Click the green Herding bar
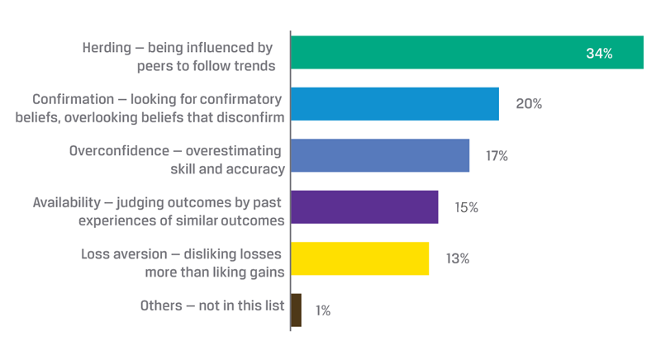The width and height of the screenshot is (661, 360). pyautogui.click(x=467, y=53)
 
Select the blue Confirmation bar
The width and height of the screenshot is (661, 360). pyautogui.click(x=395, y=104)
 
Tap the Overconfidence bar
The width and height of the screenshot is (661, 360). pyautogui.click(x=380, y=155)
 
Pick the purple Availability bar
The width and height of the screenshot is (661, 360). pyautogui.click(x=364, y=206)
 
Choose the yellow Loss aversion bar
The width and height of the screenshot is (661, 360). pyautogui.click(x=359, y=258)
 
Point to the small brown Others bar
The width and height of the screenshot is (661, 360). pyautogui.click(x=296, y=310)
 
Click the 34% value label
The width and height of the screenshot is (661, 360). pyautogui.click(x=599, y=54)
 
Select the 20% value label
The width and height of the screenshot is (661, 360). pyautogui.click(x=529, y=104)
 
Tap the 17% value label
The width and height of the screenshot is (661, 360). pyautogui.click(x=497, y=155)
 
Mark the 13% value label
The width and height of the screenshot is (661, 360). pyautogui.click(x=457, y=258)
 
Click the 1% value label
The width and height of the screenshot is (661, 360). pyautogui.click(x=322, y=310)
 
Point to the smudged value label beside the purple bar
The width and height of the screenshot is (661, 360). pyautogui.click(x=466, y=207)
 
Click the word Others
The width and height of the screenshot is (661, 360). pyautogui.click(x=161, y=306)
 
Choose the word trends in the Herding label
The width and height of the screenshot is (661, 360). pyautogui.click(x=254, y=65)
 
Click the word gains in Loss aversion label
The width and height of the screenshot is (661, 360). pyautogui.click(x=264, y=272)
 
